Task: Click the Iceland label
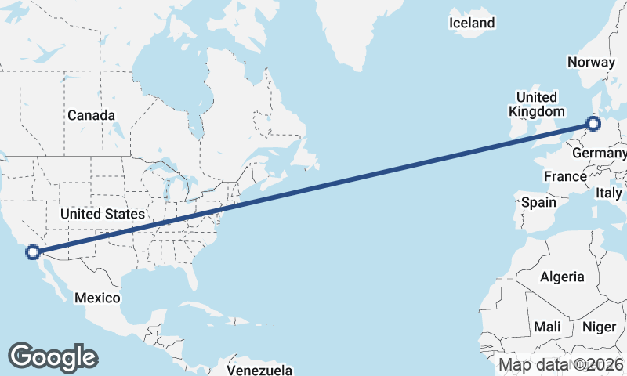[x=472, y=23]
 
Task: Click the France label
[x=565, y=176]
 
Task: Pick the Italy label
[x=609, y=192]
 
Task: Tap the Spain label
[x=538, y=202]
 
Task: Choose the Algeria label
[x=562, y=276]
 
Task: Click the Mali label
[x=548, y=326]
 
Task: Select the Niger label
[x=600, y=326]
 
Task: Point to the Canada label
[x=91, y=115]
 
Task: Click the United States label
[x=103, y=214]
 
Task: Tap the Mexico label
[x=97, y=298]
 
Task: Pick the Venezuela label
[x=259, y=369]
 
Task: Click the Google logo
[x=52, y=356]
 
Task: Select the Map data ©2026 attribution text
[x=561, y=364]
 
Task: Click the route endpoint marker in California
[x=33, y=251]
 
